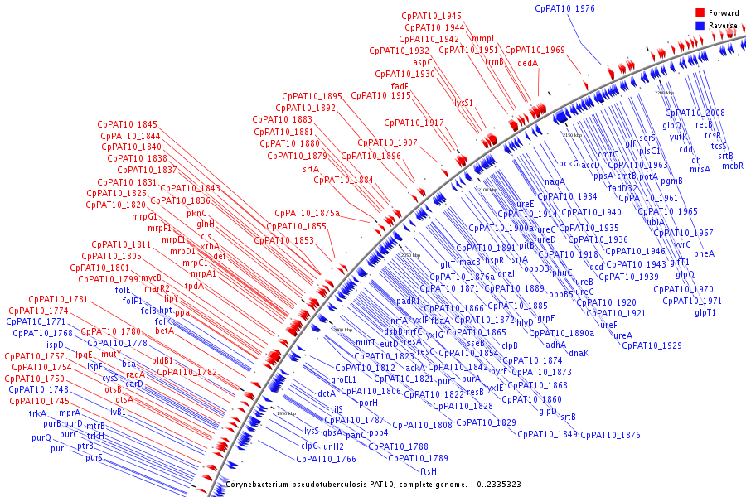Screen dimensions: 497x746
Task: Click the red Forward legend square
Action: pos(700,13)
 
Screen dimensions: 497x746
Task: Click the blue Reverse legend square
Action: pos(700,26)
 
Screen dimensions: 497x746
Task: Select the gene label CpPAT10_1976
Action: pos(564,8)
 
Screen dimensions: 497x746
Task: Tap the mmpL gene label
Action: pos(483,39)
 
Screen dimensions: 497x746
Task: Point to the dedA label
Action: pos(528,62)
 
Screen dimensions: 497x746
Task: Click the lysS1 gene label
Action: pos(463,103)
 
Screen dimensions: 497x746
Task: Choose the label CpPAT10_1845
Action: pos(127,124)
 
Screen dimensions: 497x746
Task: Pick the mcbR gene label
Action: pos(732,166)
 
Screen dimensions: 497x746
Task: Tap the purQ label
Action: pos(41,437)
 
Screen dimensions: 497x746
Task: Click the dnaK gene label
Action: pos(579,353)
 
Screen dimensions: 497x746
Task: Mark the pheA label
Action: pos(704,253)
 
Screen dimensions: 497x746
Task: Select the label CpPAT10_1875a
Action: pos(307,213)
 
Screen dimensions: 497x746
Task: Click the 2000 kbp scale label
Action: pos(342,330)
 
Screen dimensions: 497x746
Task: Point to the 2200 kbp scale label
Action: pos(665,93)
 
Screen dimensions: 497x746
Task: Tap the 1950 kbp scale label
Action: pos(286,413)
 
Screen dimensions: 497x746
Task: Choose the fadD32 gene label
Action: pos(622,187)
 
